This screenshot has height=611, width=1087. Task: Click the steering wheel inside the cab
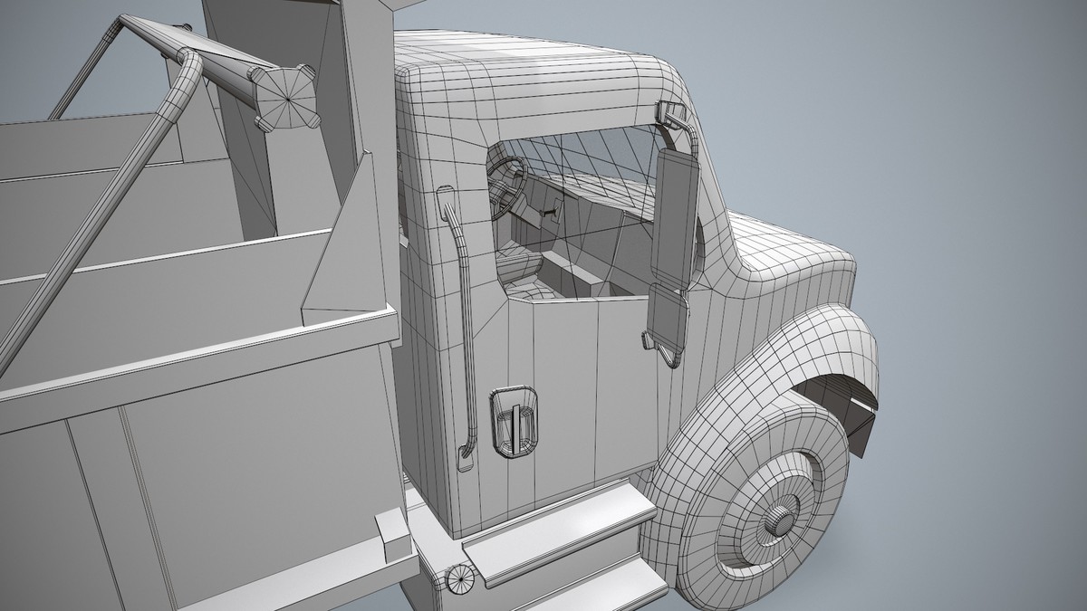(x=507, y=186)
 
